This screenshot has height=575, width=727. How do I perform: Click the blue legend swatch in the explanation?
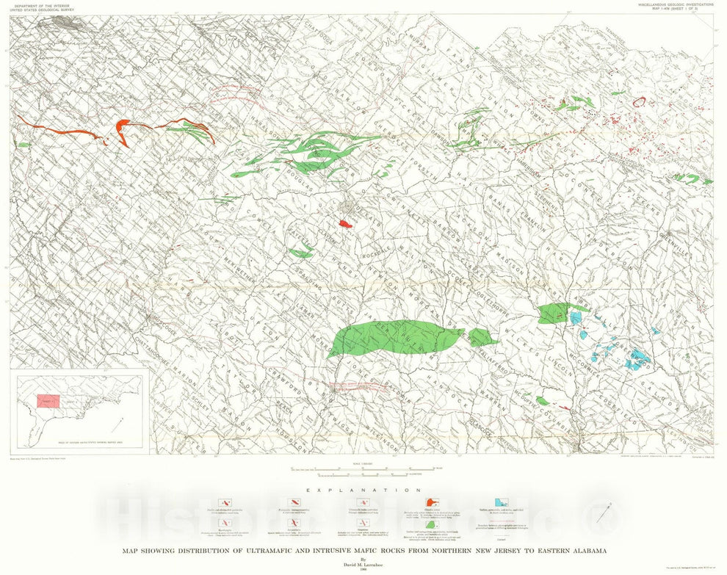(x=502, y=502)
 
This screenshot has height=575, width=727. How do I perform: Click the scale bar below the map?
(x=364, y=468)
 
